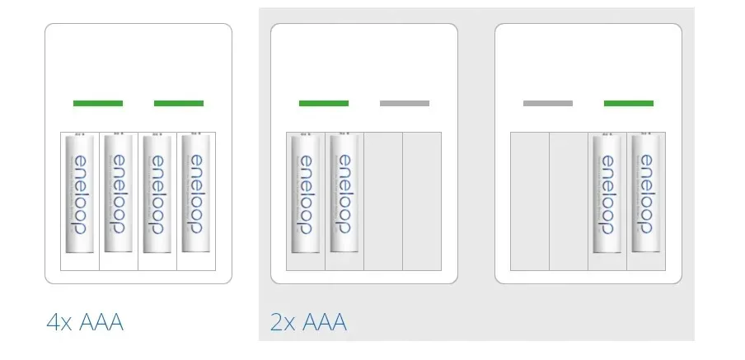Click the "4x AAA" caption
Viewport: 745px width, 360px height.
[85, 322]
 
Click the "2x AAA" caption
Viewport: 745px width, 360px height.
[309, 322]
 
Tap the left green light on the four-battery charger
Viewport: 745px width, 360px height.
[98, 103]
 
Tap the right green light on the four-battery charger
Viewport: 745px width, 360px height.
[179, 103]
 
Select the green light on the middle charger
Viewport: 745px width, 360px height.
[324, 103]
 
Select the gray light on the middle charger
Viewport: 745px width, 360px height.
[405, 103]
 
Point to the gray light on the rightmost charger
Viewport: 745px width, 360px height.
[548, 103]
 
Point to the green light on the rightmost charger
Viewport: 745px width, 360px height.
[629, 103]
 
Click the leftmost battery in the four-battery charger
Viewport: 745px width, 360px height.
[80, 194]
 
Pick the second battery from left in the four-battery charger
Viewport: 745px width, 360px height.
[119, 194]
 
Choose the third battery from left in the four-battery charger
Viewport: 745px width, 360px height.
[157, 194]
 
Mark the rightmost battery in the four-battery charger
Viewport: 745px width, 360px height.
[196, 194]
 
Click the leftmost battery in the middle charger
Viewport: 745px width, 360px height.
[306, 194]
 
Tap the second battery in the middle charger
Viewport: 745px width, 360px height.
[344, 194]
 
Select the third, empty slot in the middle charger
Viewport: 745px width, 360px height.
[383, 200]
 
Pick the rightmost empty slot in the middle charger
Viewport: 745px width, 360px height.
[422, 200]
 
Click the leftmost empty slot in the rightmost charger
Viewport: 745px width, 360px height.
[530, 200]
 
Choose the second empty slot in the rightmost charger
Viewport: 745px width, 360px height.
[569, 200]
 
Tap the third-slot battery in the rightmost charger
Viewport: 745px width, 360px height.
[607, 194]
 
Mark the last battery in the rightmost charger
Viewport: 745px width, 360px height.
[646, 194]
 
